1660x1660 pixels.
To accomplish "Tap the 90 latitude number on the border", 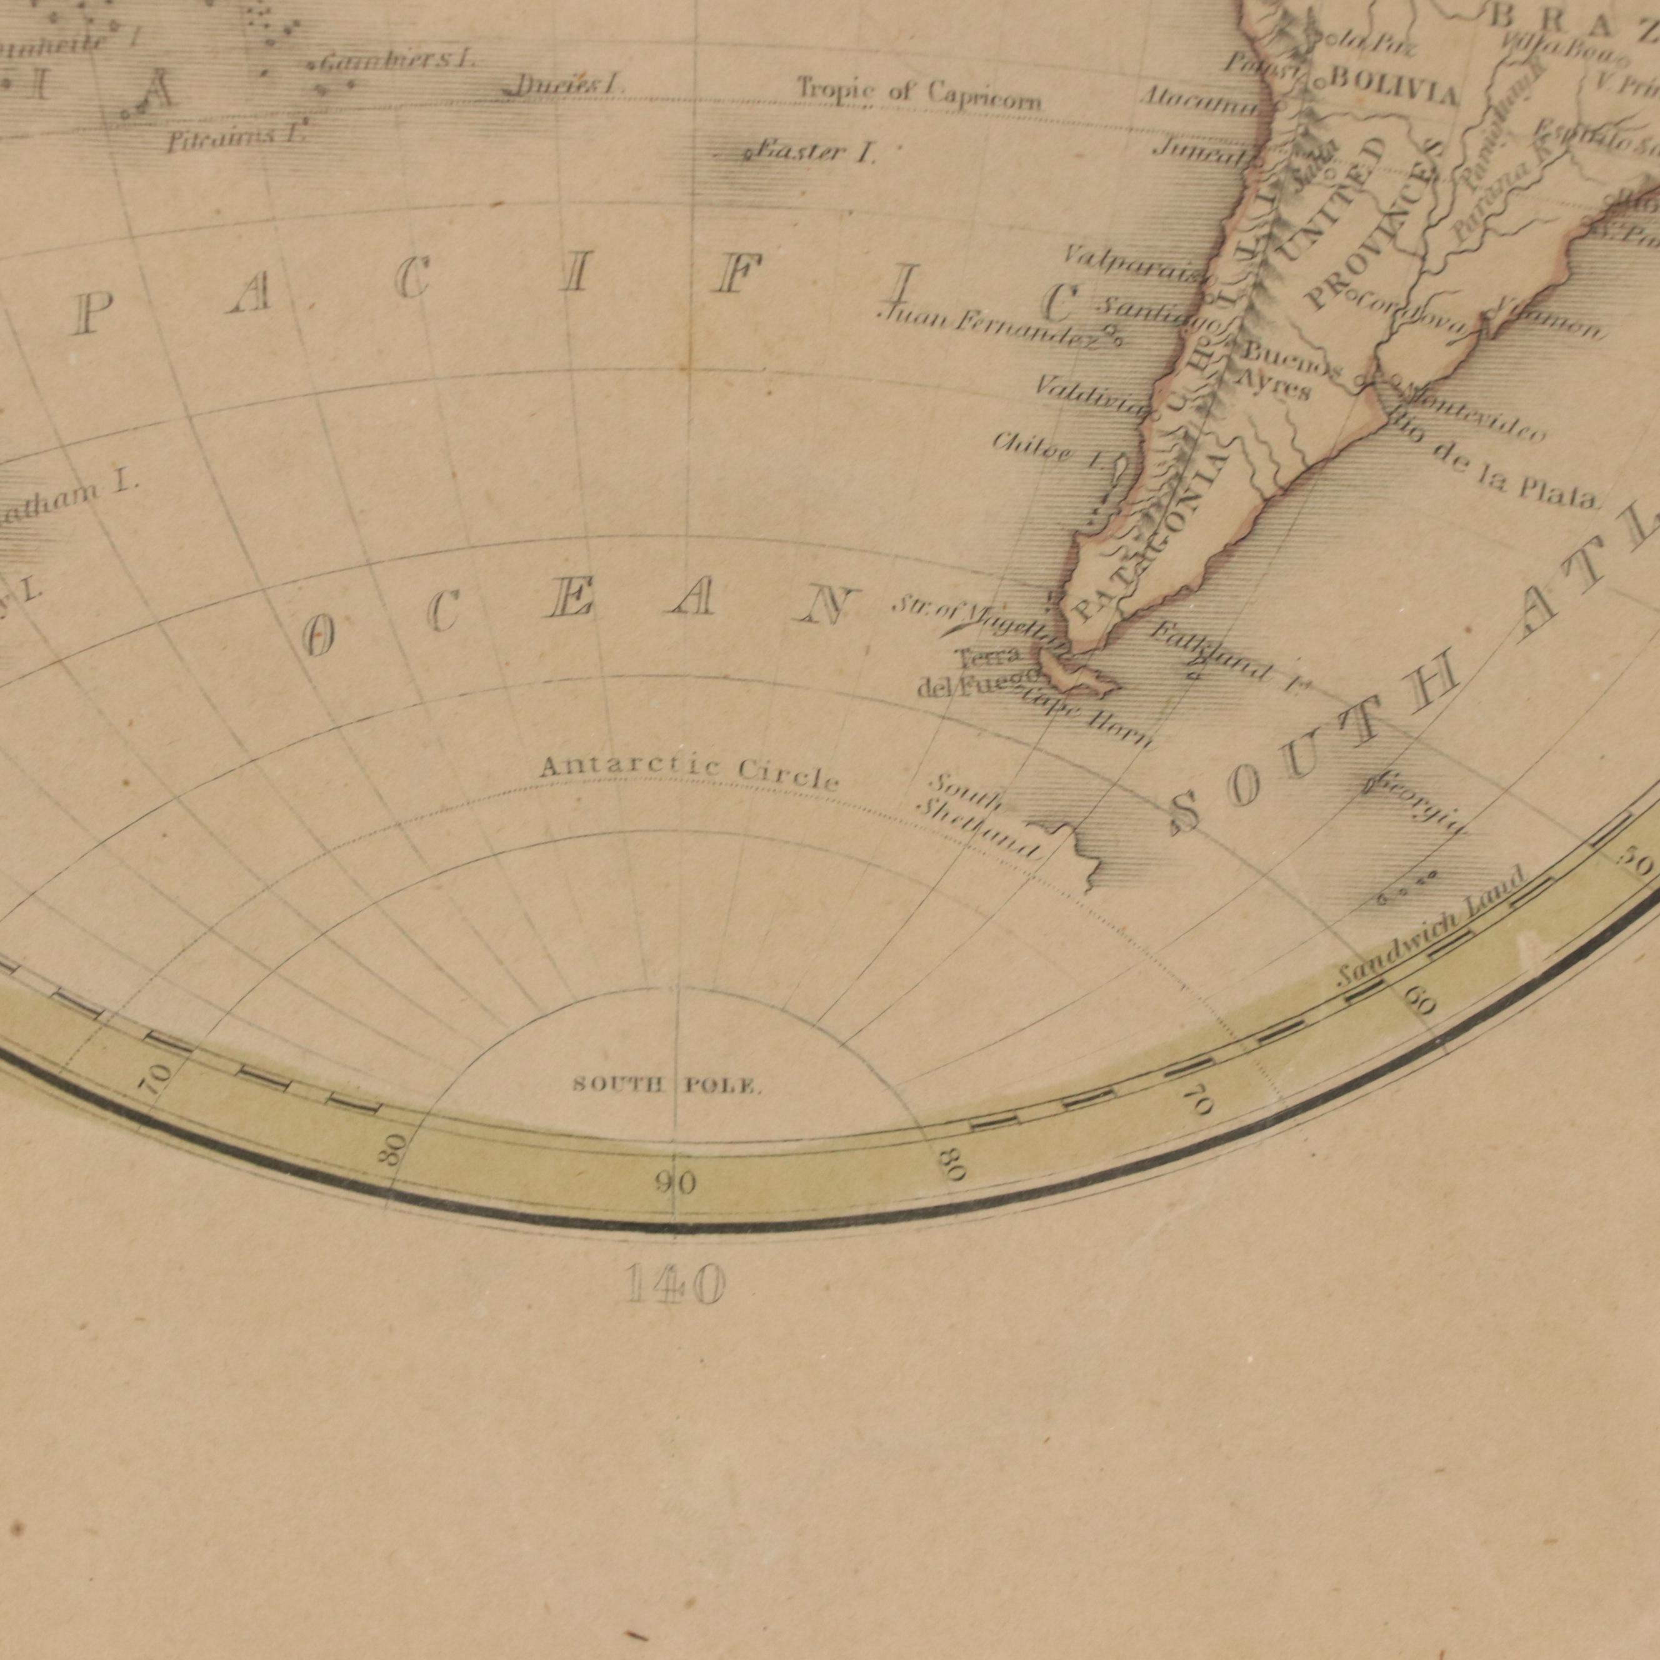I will [x=676, y=1184].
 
